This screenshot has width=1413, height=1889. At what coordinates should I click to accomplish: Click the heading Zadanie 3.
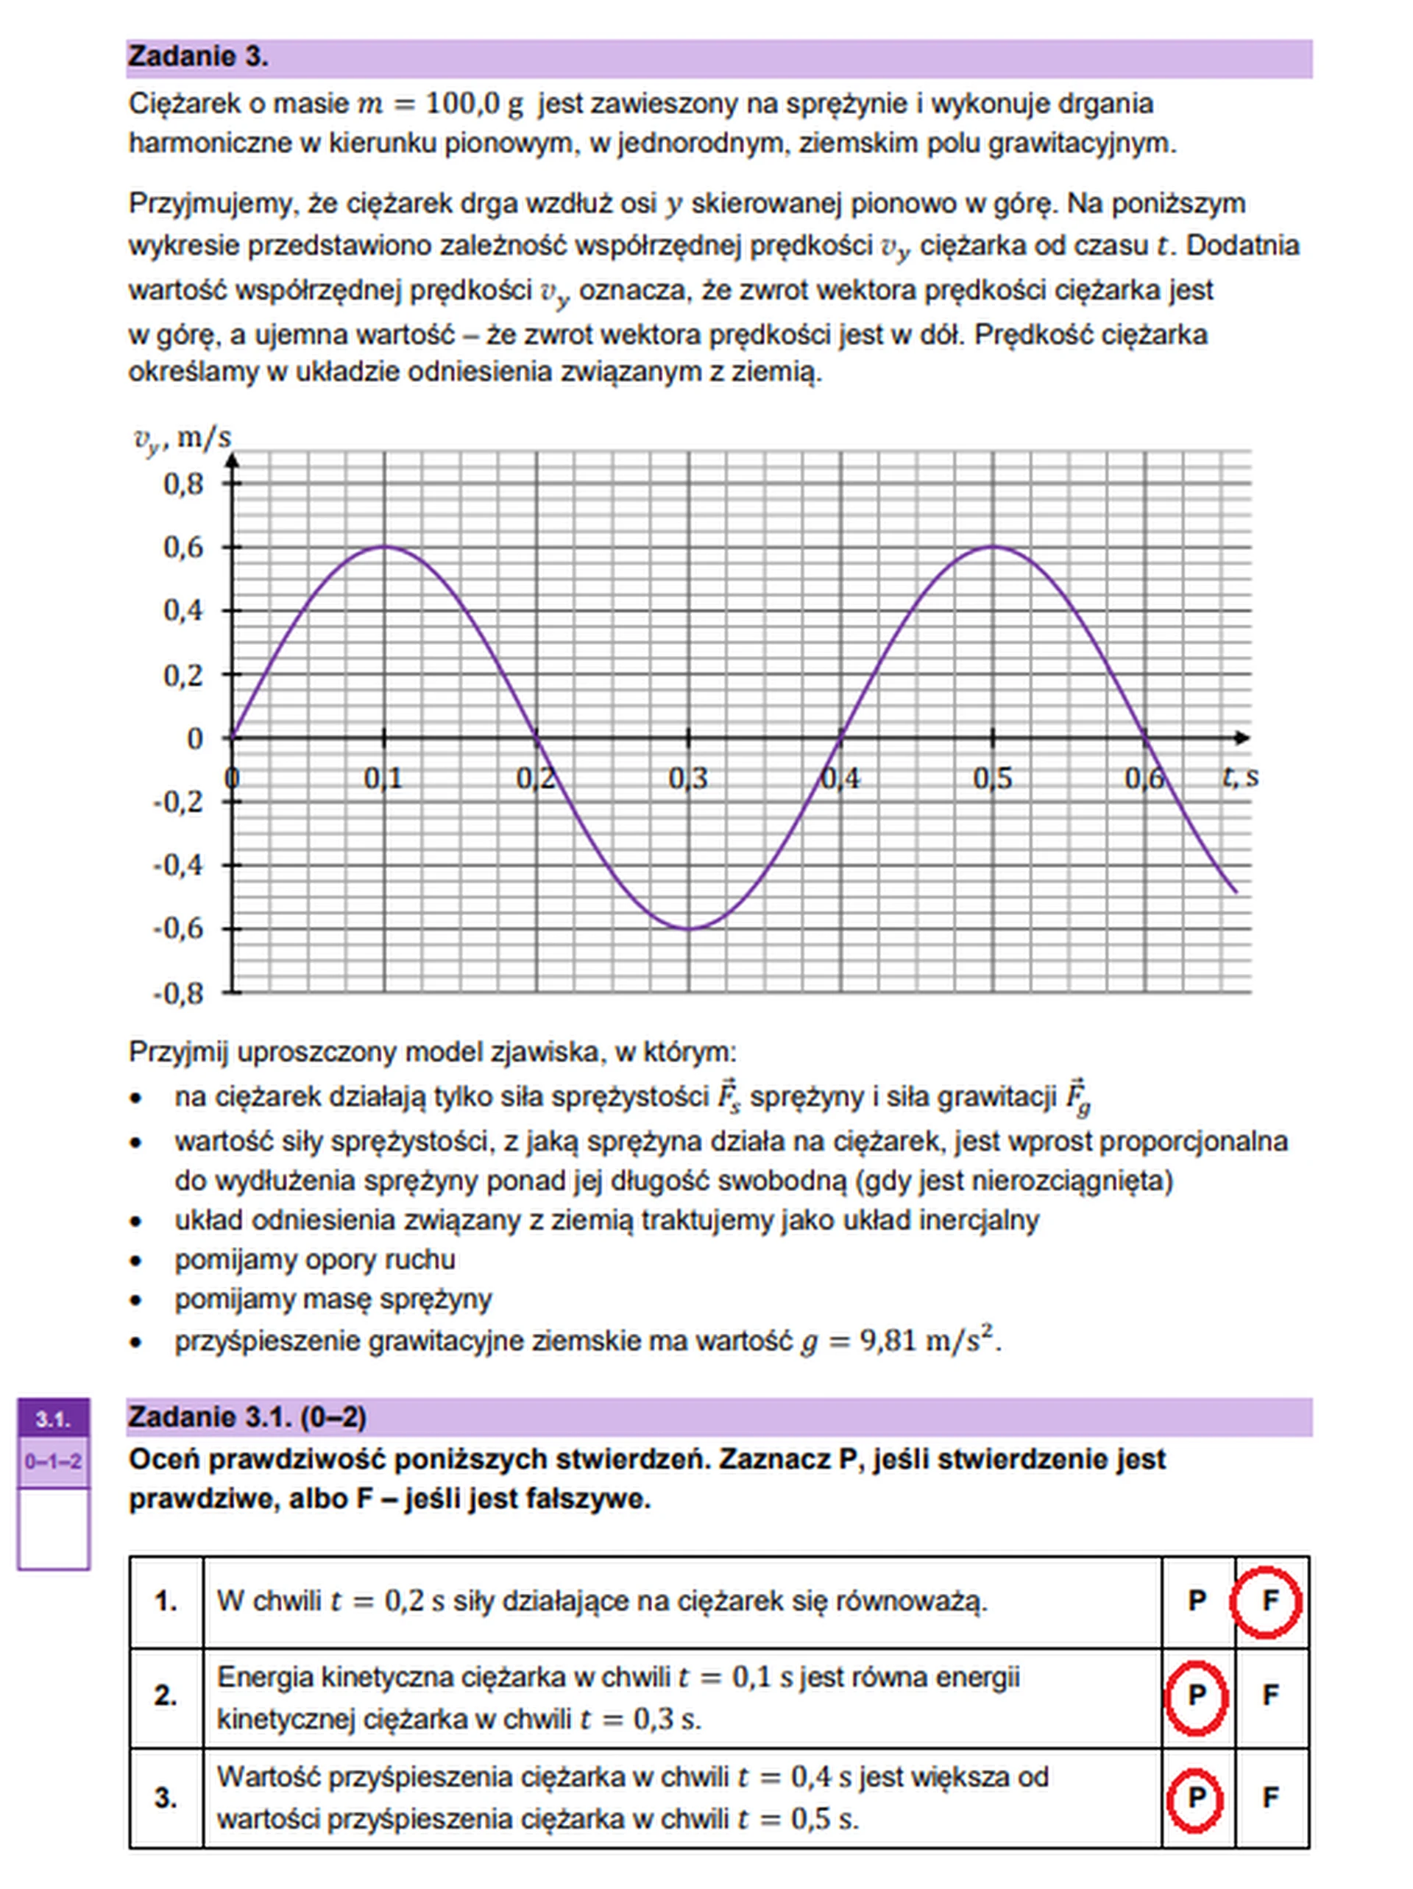tap(198, 57)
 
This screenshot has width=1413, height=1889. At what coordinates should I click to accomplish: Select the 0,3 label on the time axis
tap(688, 778)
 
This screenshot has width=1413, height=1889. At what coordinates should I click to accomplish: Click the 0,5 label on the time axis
tap(992, 778)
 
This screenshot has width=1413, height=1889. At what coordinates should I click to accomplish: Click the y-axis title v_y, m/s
tap(183, 439)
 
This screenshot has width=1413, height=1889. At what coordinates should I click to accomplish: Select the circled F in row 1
tap(1269, 1601)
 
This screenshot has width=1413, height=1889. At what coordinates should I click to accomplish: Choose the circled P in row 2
tap(1196, 1695)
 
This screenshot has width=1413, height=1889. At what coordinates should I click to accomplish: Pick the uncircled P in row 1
tap(1197, 1601)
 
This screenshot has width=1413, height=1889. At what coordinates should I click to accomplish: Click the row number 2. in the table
tap(166, 1695)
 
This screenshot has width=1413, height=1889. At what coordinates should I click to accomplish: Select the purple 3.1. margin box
tap(53, 1419)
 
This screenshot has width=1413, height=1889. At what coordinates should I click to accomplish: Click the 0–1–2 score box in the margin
tap(53, 1461)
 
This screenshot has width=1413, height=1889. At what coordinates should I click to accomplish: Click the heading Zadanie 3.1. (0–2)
tap(247, 1418)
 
